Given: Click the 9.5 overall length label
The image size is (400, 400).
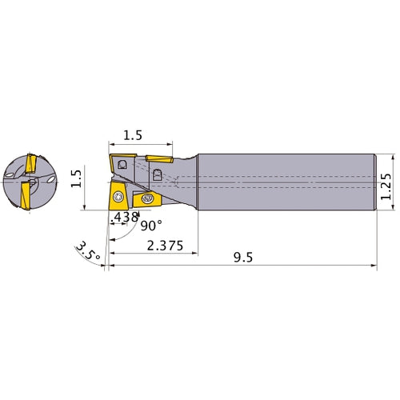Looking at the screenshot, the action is [243, 258].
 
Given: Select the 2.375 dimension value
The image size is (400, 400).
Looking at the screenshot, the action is [165, 246].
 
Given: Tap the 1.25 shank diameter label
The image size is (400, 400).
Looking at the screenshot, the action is [386, 186].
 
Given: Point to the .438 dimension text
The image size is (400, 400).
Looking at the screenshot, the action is [125, 217].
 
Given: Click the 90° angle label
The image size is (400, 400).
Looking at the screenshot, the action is [151, 226].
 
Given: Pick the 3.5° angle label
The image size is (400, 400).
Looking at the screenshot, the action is [88, 250].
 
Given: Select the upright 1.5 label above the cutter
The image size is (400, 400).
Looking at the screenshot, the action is [133, 135].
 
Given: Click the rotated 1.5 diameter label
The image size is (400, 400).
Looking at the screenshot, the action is [76, 178].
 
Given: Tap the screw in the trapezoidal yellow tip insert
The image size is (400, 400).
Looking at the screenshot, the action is [118, 197].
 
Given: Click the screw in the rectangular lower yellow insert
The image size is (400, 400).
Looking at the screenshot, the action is [147, 198].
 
